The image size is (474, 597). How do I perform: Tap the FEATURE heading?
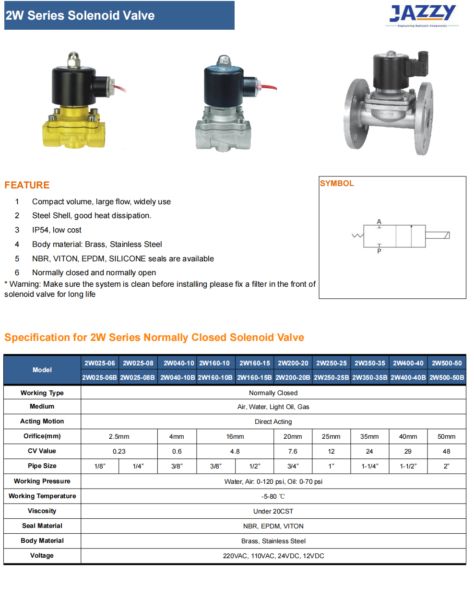(27, 185)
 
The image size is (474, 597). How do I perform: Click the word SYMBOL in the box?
(337, 183)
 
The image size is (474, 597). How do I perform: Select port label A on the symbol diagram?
(379, 222)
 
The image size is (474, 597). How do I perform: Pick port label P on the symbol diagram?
(379, 251)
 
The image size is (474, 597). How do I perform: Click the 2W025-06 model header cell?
(100, 363)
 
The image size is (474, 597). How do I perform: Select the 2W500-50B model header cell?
(447, 377)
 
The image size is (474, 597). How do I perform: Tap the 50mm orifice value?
(446, 436)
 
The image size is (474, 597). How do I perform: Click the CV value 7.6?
(293, 451)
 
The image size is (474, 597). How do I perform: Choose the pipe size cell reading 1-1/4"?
(369, 466)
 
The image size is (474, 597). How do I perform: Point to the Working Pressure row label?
(42, 481)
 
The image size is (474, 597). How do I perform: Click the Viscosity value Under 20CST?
(273, 511)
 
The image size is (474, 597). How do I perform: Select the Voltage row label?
(42, 555)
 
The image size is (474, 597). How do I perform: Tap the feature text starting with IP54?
(57, 230)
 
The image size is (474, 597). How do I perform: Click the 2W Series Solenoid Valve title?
(80, 15)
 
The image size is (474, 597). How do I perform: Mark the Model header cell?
(42, 370)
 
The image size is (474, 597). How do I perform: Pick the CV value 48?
(446, 451)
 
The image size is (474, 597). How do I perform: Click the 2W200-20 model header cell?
(293, 363)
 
